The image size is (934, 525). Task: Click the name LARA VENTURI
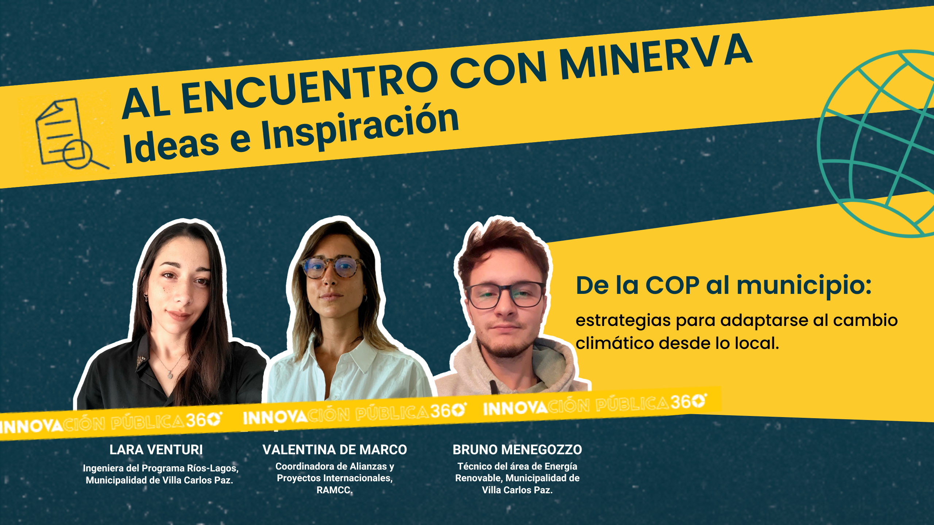click(156, 450)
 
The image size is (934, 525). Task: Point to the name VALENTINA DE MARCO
click(335, 450)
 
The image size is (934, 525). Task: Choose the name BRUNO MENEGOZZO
click(517, 450)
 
